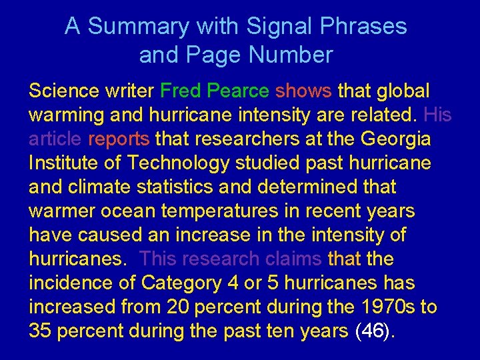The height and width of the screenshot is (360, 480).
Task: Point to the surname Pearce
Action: click(x=238, y=90)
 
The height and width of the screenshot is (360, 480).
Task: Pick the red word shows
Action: click(x=304, y=90)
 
